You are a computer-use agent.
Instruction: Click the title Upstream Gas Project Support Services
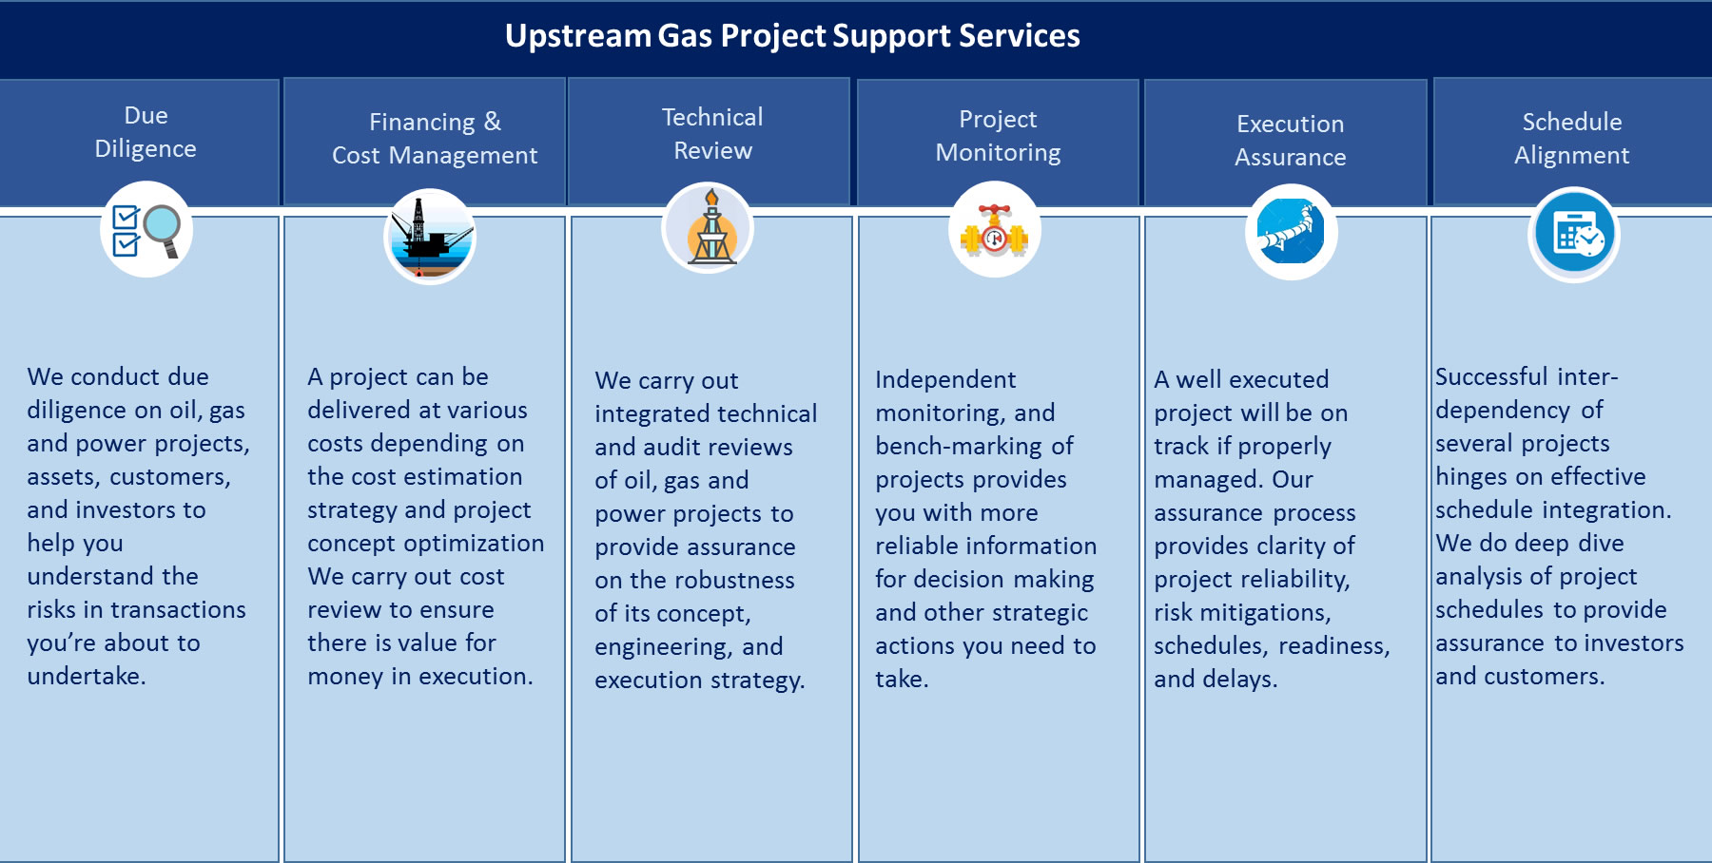click(792, 36)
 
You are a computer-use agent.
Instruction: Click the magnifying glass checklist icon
click(146, 231)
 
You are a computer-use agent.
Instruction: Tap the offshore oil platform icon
click(430, 236)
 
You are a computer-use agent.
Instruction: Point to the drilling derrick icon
click(708, 229)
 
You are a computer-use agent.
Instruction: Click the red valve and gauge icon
click(995, 231)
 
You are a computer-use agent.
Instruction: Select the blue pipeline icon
click(1291, 232)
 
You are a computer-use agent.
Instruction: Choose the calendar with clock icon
click(1574, 235)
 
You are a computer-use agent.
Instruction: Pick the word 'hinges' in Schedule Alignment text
click(1471, 477)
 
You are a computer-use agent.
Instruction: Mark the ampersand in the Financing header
click(492, 122)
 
